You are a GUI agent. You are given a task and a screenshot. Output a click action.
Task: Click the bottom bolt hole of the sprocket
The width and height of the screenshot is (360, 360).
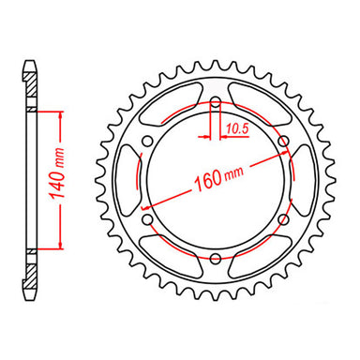[x=215, y=258]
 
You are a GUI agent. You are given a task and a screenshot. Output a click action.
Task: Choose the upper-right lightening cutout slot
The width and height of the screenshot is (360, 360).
[x=258, y=106]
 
